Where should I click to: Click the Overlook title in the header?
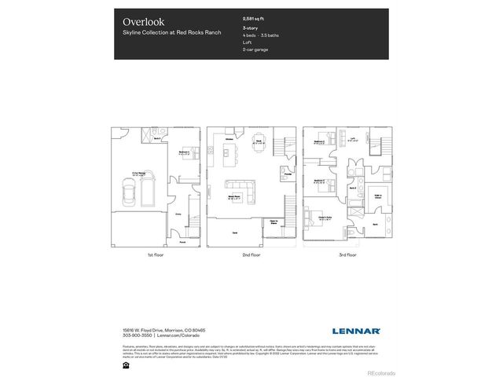coord(140,21)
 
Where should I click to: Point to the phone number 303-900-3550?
coord(138,336)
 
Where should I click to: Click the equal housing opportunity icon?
coord(125,364)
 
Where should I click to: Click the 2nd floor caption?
coord(251,255)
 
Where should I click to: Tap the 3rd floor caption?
coord(346,255)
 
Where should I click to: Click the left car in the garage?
coord(129,192)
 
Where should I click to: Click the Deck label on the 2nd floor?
coord(235,232)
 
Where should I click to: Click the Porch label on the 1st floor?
coord(182,242)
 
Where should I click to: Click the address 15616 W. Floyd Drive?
coord(152,330)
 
